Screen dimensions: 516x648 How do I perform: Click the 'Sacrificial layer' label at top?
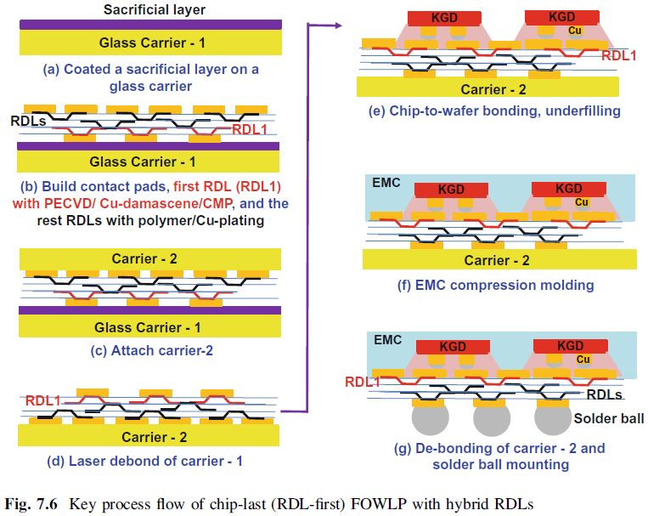point(155,10)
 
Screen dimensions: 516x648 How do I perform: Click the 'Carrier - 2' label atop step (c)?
point(149,258)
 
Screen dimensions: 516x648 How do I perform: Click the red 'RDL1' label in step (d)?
point(43,400)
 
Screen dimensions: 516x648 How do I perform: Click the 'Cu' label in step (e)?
point(577,32)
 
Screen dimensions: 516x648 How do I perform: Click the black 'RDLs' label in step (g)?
point(606,395)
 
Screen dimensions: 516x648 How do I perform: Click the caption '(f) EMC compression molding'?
point(495,285)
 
